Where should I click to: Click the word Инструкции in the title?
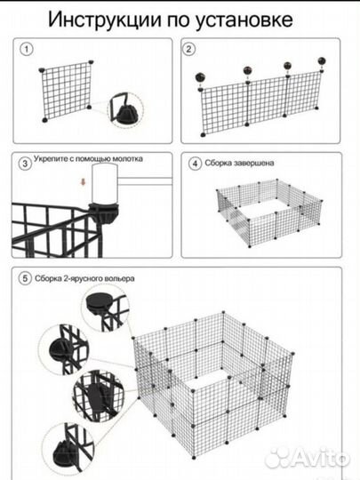pyautogui.click(x=105, y=20)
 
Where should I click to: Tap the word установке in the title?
pyautogui.click(x=244, y=20)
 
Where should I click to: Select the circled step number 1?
pyautogui.click(x=27, y=49)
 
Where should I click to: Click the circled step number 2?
pyautogui.click(x=188, y=49)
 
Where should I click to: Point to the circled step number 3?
pyautogui.click(x=26, y=164)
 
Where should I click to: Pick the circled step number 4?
pyautogui.click(x=196, y=164)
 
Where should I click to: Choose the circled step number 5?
pyautogui.click(x=25, y=278)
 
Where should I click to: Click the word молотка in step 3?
pyautogui.click(x=127, y=159)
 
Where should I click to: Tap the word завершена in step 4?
pyautogui.click(x=253, y=163)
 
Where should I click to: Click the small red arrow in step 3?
pyautogui.click(x=83, y=182)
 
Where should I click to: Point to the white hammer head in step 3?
pyautogui.click(x=105, y=183)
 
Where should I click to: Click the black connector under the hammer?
pyautogui.click(x=103, y=212)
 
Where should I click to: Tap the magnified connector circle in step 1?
pyautogui.click(x=125, y=110)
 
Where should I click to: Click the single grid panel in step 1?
pyautogui.click(x=67, y=91)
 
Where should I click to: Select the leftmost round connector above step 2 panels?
pyautogui.click(x=200, y=77)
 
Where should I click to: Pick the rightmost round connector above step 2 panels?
pyautogui.click(x=322, y=60)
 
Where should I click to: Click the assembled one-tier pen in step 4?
pyautogui.click(x=269, y=213)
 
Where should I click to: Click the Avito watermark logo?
pyautogui.click(x=307, y=458)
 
